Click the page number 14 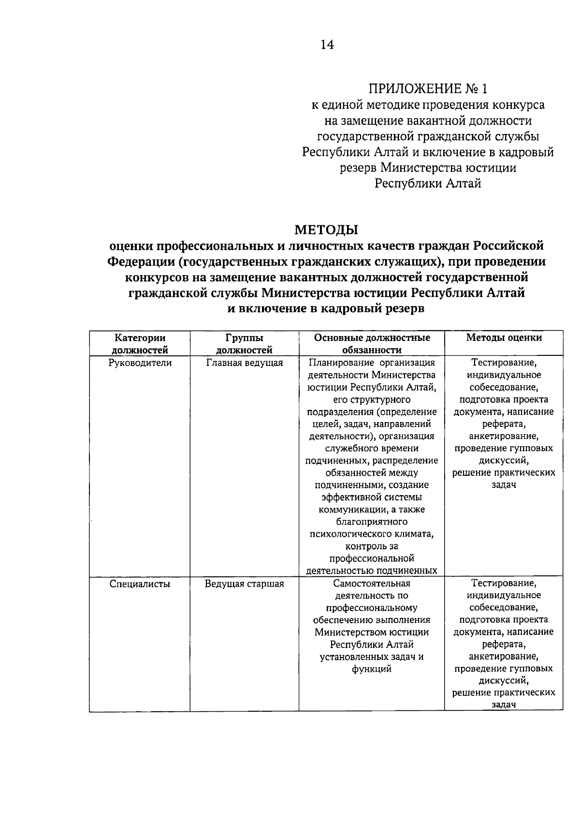tap(327, 45)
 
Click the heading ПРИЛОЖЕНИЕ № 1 tap(428, 89)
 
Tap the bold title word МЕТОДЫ tap(326, 229)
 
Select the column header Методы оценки tap(504, 338)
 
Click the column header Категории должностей tap(140, 344)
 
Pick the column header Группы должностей tap(244, 344)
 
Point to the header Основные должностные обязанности tap(372, 344)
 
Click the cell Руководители tap(140, 363)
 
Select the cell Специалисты tap(140, 584)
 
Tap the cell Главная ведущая tap(244, 363)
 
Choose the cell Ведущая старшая tap(244, 584)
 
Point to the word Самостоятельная tap(372, 584)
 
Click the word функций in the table tap(372, 669)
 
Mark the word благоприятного tap(372, 522)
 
